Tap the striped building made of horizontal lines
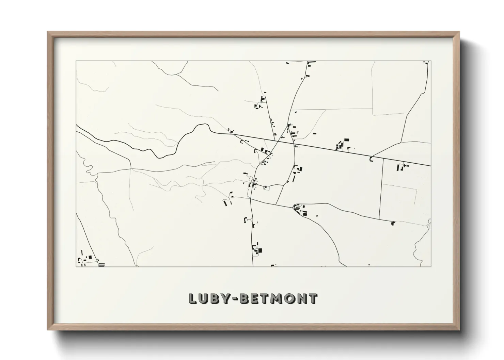pyautogui.click(x=101, y=264)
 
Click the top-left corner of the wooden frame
pyautogui.click(x=48, y=32)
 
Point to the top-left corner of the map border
pyautogui.click(x=76, y=61)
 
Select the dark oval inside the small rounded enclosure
pyautogui.click(x=265, y=187)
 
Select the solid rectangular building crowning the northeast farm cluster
pyautogui.click(x=347, y=140)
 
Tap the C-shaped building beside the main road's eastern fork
pyautogui.click(x=372, y=159)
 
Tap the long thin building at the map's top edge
pyautogui.click(x=312, y=62)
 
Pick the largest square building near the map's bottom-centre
pyautogui.click(x=260, y=251)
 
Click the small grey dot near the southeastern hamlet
pyautogui.click(x=317, y=215)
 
